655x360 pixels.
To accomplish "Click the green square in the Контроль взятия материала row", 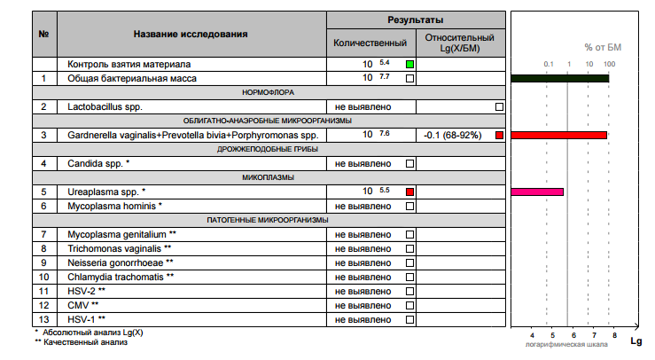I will click(409, 65).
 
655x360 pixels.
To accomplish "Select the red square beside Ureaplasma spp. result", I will click(409, 192).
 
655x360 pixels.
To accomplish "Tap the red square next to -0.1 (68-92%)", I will click(500, 135).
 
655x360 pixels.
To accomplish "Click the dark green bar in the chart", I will click(559, 79).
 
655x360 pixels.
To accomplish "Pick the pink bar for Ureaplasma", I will click(537, 192).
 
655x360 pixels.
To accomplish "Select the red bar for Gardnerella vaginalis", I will click(558, 135).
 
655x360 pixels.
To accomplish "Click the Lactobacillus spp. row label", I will click(105, 106).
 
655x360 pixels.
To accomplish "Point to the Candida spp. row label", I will click(97, 163).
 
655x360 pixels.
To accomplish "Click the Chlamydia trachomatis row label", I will click(121, 277).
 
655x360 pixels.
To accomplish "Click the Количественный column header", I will click(370, 43).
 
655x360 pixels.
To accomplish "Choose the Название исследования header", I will click(191, 35).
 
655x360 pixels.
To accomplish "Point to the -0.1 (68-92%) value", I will click(452, 135).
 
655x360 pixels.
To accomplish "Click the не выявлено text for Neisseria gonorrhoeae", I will click(363, 262).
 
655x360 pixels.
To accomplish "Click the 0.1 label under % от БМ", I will click(548, 65).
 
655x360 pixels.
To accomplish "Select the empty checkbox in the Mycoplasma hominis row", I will click(409, 206).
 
